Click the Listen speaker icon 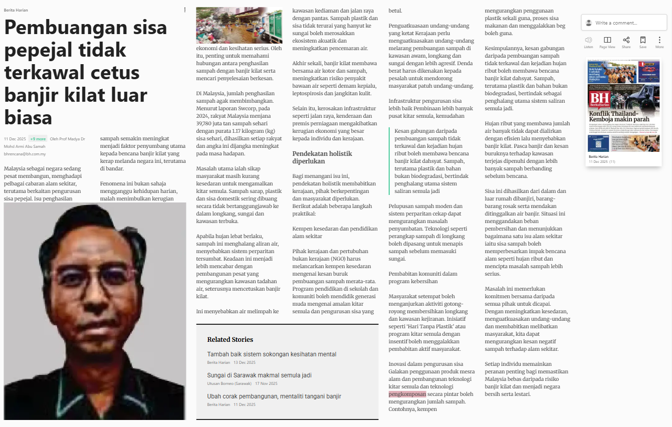pyautogui.click(x=588, y=40)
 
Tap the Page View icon pyautogui.click(x=607, y=40)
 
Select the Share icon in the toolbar pyautogui.click(x=626, y=40)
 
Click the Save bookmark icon pyautogui.click(x=643, y=40)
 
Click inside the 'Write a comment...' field pyautogui.click(x=626, y=23)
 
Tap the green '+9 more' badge pyautogui.click(x=38, y=139)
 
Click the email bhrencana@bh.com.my pyautogui.click(x=25, y=154)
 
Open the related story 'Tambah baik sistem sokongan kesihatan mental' pyautogui.click(x=272, y=354)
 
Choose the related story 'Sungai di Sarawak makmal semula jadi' pyautogui.click(x=259, y=375)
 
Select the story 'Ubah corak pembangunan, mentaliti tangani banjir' pyautogui.click(x=274, y=396)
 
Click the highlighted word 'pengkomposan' pyautogui.click(x=407, y=394)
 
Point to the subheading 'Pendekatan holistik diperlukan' pyautogui.click(x=322, y=157)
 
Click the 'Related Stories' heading pyautogui.click(x=230, y=340)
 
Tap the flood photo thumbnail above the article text pyautogui.click(x=239, y=26)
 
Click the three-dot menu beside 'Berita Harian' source pyautogui.click(x=185, y=10)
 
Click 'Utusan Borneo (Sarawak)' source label pyautogui.click(x=229, y=383)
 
